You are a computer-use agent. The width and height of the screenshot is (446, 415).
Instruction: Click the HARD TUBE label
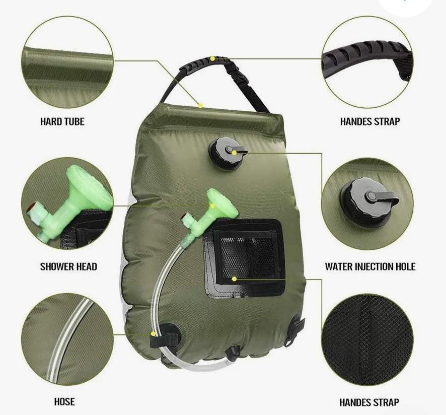tap(62, 121)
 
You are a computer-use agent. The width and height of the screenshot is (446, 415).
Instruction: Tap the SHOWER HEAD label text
tap(68, 267)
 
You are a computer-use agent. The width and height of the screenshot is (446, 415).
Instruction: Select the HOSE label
tap(64, 401)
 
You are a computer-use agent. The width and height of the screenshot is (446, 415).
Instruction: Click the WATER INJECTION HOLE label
tap(370, 267)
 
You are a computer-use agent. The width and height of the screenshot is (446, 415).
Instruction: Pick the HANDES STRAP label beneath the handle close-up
tap(370, 121)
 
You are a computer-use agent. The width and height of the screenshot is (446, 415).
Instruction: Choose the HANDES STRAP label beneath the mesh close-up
tap(369, 402)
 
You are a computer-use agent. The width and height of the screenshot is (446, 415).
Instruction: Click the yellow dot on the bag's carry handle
tap(212, 58)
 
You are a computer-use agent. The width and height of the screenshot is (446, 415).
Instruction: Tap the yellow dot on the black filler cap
tap(234, 153)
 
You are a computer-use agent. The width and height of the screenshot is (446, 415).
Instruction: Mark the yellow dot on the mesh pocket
tap(234, 279)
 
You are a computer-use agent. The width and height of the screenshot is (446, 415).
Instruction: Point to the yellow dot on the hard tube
tap(200, 106)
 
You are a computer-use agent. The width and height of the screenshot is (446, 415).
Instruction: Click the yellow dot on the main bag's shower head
tap(212, 205)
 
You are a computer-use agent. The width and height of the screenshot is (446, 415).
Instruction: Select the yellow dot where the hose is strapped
tap(154, 333)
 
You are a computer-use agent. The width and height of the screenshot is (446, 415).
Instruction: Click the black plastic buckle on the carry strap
tap(239, 75)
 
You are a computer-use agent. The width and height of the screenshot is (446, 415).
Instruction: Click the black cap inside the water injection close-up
tap(366, 198)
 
